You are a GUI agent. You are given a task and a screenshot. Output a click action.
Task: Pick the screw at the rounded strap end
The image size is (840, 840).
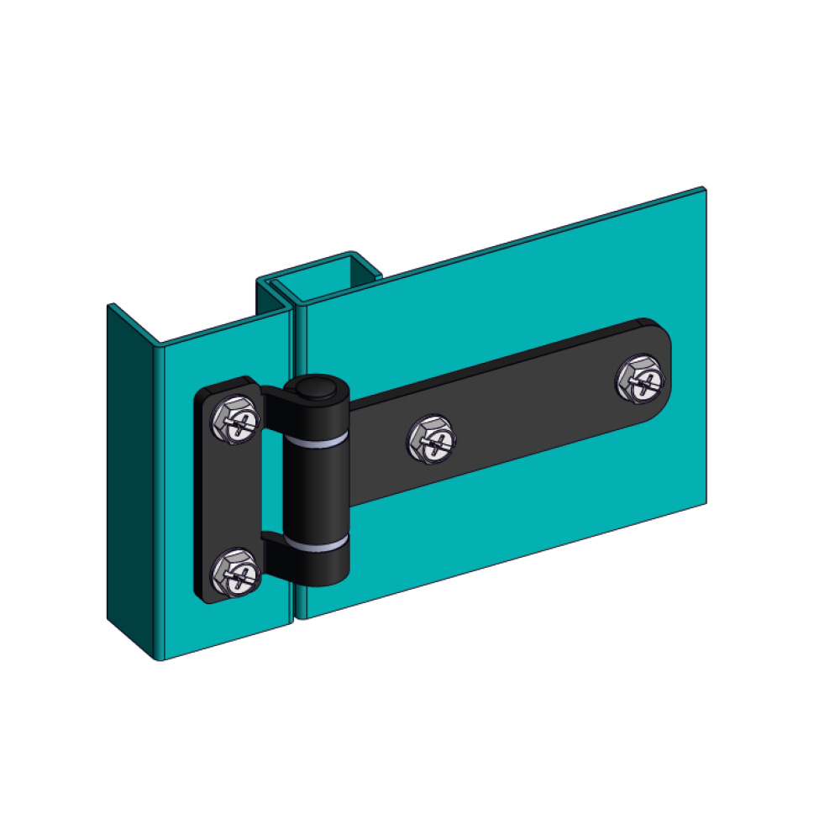tap(641, 379)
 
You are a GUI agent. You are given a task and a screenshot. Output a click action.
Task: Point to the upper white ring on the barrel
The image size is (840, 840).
tap(317, 440)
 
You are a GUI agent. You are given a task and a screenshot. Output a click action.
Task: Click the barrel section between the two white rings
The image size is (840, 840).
tap(317, 491)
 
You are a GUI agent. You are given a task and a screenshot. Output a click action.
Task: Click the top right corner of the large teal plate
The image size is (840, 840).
tap(704, 190)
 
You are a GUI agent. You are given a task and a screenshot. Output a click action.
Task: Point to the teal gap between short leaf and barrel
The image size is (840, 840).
tap(272, 479)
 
